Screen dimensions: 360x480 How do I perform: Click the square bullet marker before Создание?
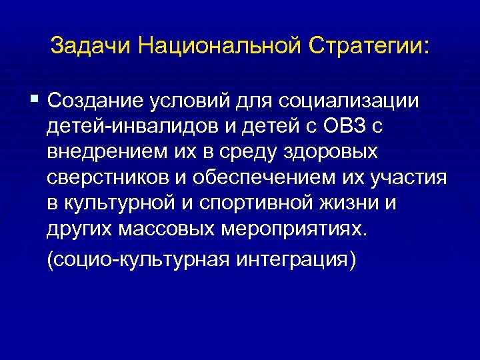click(x=35, y=100)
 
